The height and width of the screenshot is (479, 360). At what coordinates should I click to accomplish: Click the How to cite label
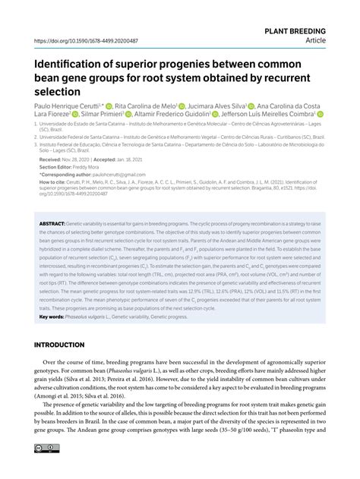coord(52,181)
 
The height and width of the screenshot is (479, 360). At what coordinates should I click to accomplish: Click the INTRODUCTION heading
coord(64,345)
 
